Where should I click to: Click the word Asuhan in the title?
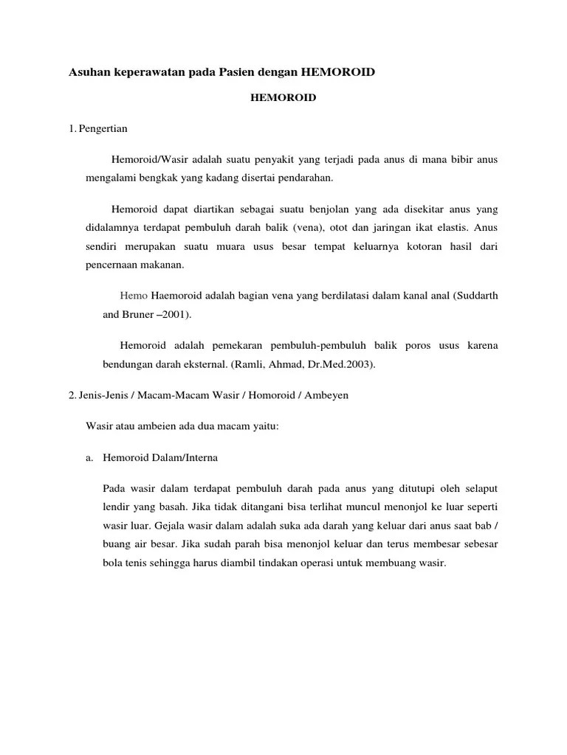[x=88, y=72]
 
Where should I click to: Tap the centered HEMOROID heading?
[x=283, y=98]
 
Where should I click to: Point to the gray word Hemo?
[x=134, y=296]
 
